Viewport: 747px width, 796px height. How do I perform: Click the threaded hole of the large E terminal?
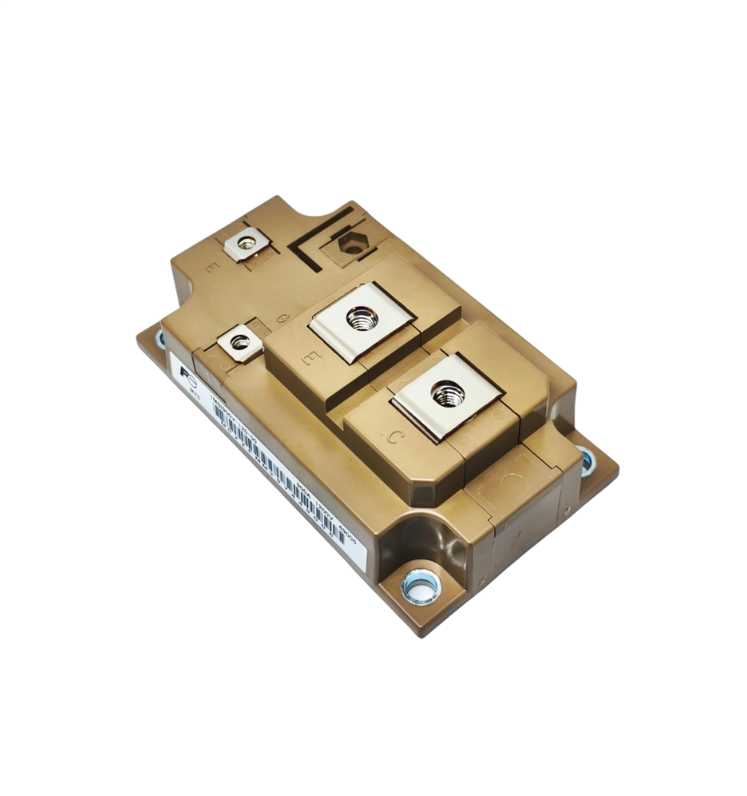coord(361,318)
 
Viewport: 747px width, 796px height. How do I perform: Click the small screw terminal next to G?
coord(239,342)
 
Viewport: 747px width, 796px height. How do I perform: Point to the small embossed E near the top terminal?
coord(211,267)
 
